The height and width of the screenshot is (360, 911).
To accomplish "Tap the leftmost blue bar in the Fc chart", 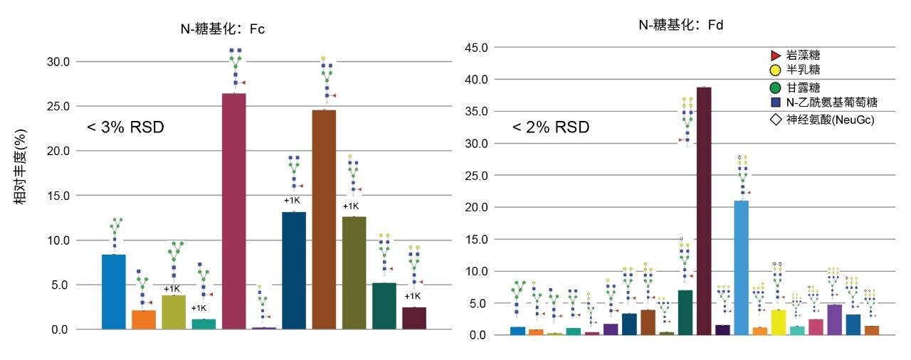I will [114, 292].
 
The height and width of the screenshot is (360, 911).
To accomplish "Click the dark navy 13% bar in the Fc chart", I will [294, 270].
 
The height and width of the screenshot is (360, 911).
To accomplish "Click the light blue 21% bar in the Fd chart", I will [741, 268].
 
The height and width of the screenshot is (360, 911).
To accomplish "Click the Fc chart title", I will [223, 28].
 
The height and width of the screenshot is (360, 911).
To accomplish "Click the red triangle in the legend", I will [775, 55].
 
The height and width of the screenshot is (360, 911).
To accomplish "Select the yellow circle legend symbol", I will [775, 70].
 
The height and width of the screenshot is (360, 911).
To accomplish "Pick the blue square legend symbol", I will [775, 103].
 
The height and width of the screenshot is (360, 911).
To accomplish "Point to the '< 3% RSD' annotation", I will [125, 127].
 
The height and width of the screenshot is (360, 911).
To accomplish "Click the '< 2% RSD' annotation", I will [551, 127].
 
